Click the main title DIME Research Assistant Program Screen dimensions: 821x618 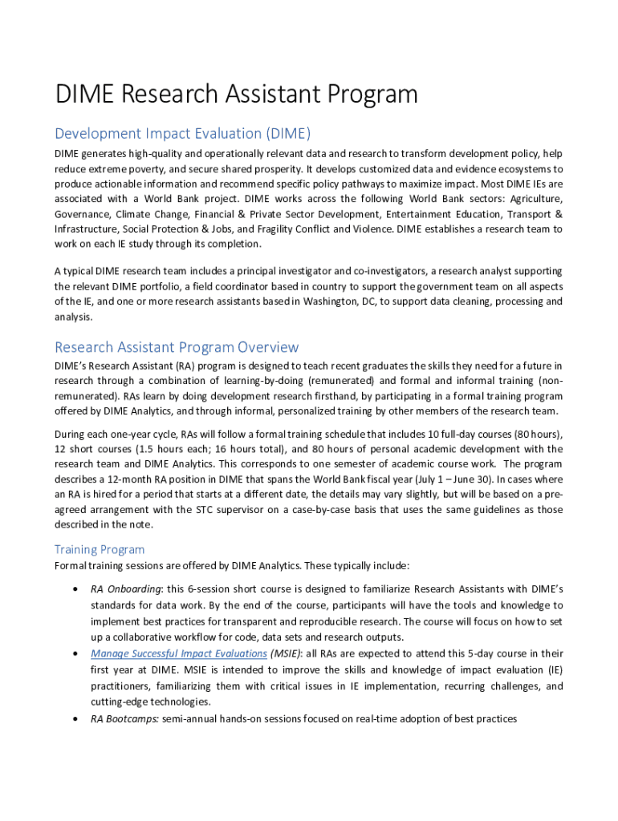point(236,95)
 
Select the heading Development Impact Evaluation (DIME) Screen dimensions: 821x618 point(182,133)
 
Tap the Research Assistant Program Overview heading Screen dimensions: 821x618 point(177,347)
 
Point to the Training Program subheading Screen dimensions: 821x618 point(100,549)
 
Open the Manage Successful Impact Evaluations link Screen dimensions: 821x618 point(178,653)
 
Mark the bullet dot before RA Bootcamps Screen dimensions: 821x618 point(75,719)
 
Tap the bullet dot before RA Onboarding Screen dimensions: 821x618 point(75,588)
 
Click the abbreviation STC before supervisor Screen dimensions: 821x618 point(185,510)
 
